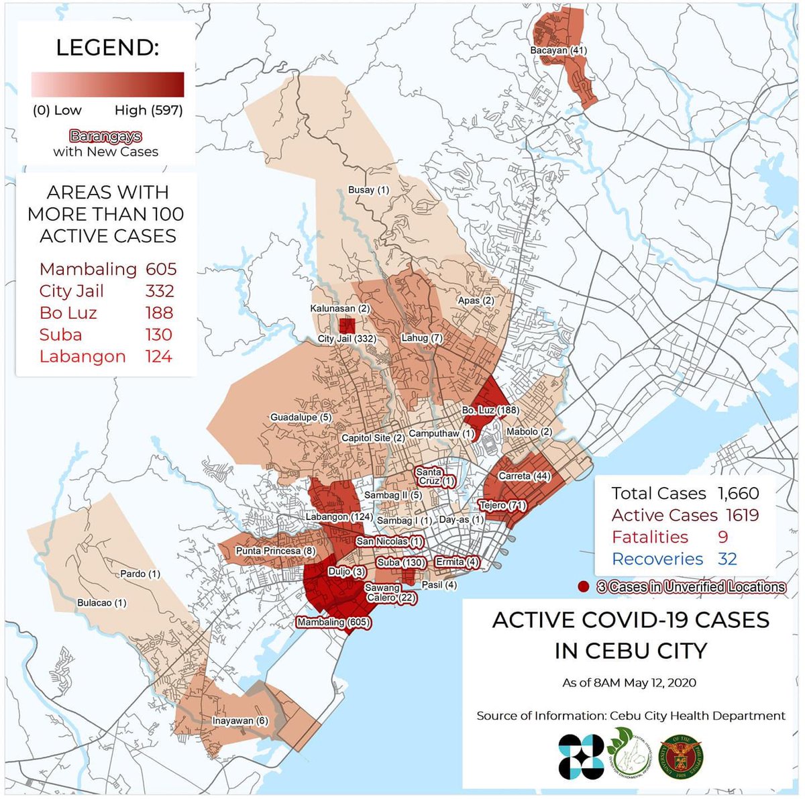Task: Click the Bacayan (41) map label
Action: pos(558,50)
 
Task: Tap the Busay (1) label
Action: pos(368,190)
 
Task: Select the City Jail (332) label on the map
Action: pos(347,339)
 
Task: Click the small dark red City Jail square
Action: pos(347,326)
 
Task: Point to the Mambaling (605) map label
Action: pos(333,622)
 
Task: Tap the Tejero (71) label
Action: pos(502,505)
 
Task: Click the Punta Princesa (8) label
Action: pos(276,551)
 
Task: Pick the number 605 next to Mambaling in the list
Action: pos(161,269)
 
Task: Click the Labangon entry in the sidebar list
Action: pos(83,356)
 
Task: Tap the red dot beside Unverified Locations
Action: pos(584,587)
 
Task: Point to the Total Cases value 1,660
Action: pos(738,493)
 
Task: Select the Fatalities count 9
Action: pos(722,537)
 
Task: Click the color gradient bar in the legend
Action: pos(107,85)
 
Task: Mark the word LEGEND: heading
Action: pos(107,48)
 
